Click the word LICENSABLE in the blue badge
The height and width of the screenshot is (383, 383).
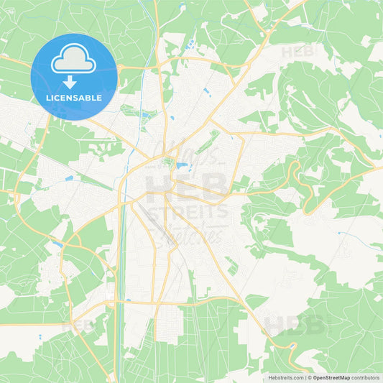click(74, 98)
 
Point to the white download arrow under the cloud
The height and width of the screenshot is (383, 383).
click(74, 80)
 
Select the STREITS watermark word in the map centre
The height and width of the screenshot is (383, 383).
click(188, 211)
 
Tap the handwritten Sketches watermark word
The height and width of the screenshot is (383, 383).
click(194, 234)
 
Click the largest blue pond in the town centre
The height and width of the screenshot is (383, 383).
click(182, 166)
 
